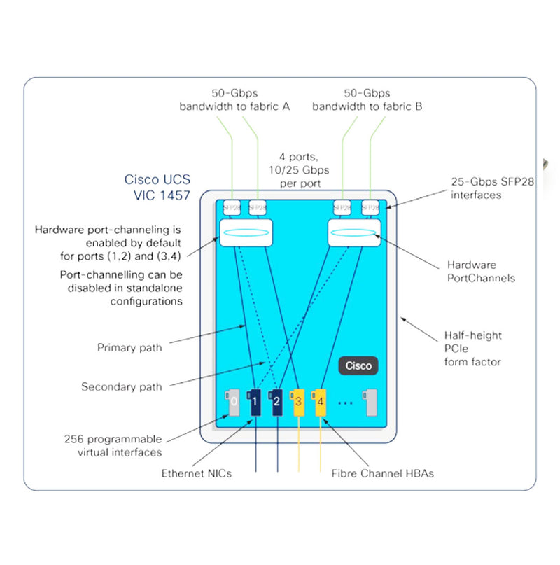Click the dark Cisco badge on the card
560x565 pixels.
coord(358,365)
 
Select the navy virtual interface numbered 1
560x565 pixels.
coord(255,401)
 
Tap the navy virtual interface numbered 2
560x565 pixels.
coord(277,401)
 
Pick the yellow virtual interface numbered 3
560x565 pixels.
coord(298,401)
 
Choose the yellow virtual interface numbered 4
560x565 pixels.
coord(320,401)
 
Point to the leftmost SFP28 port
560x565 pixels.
coord(231,207)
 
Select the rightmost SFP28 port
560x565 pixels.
coord(370,207)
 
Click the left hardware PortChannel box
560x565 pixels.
coord(245,232)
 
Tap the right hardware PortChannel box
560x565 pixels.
coord(355,232)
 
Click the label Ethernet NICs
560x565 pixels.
coord(197,473)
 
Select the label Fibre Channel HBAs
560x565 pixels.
coord(382,473)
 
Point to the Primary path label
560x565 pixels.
coord(129,347)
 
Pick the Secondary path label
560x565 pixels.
coord(122,386)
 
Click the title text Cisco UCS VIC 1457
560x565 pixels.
coord(157,187)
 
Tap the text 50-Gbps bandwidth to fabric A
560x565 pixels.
coord(234,99)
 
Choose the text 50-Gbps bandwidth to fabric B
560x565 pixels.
coord(367,99)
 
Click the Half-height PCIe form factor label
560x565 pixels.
coord(473,349)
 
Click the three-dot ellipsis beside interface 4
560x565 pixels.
coord(345,403)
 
